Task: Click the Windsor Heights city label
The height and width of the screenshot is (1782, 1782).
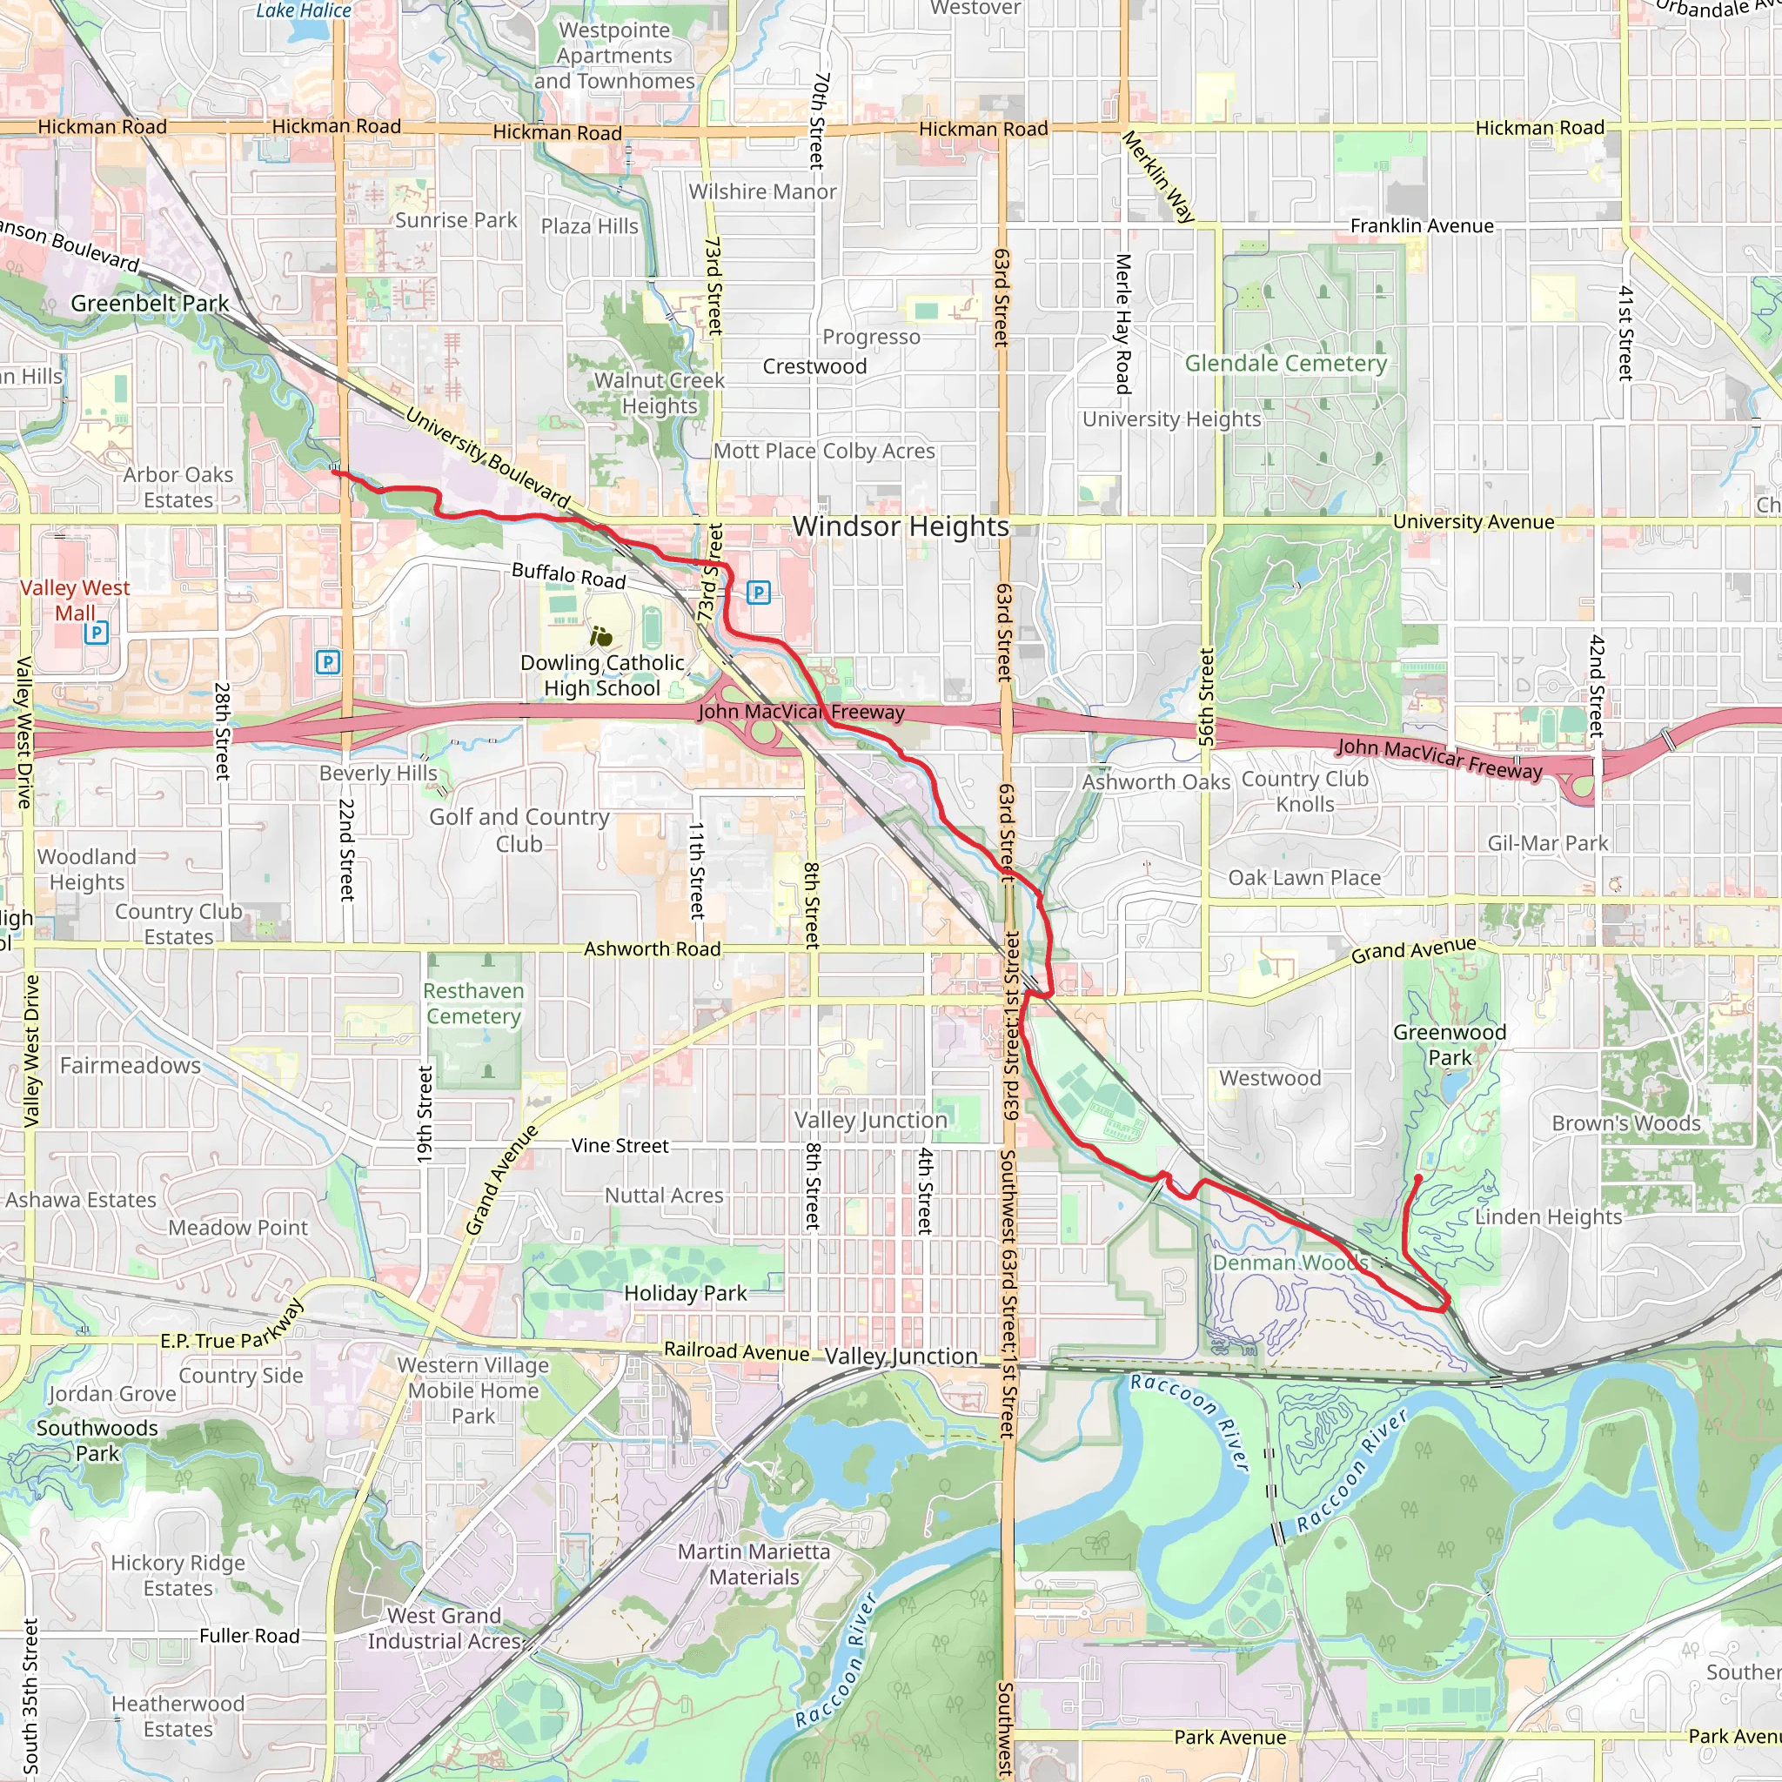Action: click(901, 526)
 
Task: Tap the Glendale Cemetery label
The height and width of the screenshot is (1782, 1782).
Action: click(1286, 364)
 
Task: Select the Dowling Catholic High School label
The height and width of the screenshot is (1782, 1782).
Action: click(602, 675)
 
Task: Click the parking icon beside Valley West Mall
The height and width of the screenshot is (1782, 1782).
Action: click(96, 632)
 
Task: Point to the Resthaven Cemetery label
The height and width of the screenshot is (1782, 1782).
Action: click(473, 1003)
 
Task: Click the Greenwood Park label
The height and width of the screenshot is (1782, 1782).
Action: click(1449, 1045)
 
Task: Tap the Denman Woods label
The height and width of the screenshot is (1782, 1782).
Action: click(1290, 1263)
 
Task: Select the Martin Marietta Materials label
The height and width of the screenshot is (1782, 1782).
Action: click(754, 1564)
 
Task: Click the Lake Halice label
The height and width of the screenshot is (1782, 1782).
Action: click(303, 11)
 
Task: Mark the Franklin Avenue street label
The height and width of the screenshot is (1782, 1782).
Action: click(1422, 226)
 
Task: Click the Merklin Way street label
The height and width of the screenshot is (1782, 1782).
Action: click(1157, 176)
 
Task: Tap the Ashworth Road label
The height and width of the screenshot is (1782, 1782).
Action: click(652, 948)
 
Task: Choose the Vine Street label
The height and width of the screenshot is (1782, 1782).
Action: click(620, 1146)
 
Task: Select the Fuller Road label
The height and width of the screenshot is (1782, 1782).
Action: click(250, 1635)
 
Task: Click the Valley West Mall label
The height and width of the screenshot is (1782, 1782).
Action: click(75, 600)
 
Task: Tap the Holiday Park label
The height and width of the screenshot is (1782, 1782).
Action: click(686, 1293)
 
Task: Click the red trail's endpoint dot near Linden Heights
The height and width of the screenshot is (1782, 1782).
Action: click(1417, 1179)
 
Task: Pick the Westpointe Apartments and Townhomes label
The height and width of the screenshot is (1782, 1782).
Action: click(614, 56)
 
